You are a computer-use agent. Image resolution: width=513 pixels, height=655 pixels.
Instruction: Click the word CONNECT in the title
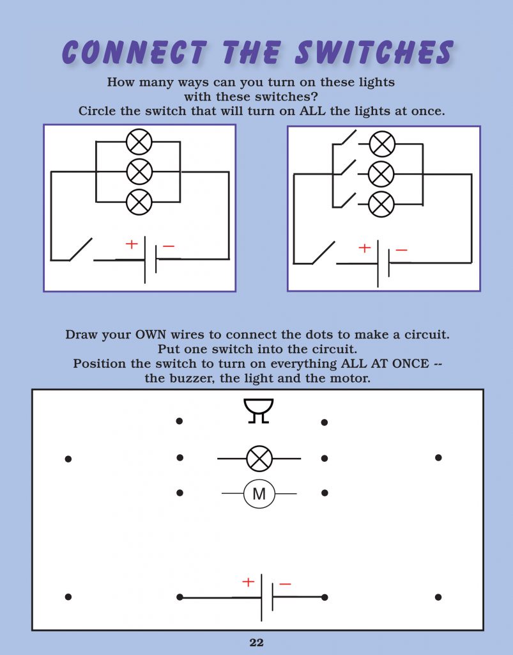click(x=135, y=52)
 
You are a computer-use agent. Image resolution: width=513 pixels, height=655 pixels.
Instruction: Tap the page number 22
click(x=256, y=643)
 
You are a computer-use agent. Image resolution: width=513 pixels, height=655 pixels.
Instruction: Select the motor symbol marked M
click(x=259, y=494)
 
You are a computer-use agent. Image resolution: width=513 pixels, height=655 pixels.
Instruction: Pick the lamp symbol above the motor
click(x=259, y=459)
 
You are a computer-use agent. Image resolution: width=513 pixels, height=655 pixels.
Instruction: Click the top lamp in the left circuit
click(x=139, y=141)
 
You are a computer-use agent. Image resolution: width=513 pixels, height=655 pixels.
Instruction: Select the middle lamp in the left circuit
click(x=139, y=171)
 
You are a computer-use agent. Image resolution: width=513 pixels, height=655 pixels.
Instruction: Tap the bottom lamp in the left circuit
click(x=139, y=201)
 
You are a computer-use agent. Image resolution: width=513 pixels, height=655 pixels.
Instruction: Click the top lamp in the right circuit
click(x=382, y=144)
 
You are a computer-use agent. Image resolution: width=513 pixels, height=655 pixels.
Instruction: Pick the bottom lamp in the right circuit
click(x=382, y=205)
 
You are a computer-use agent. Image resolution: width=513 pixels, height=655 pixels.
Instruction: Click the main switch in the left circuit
click(x=80, y=250)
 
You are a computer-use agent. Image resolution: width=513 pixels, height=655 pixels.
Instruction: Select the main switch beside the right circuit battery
click(x=323, y=253)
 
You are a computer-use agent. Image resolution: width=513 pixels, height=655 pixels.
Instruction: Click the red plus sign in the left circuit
click(x=131, y=244)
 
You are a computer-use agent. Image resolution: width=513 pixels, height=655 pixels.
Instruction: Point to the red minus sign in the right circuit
click(x=401, y=250)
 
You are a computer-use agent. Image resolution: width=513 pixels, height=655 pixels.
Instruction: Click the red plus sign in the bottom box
click(x=248, y=582)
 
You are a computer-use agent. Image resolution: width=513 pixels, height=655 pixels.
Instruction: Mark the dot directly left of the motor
click(x=180, y=493)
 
